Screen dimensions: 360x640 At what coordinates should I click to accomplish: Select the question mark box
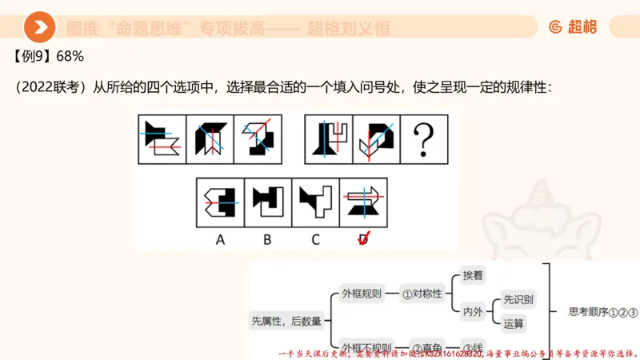pyautogui.click(x=423, y=138)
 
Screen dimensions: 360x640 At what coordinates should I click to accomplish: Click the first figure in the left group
pyautogui.click(x=162, y=138)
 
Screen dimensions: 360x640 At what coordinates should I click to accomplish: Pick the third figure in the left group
pyautogui.click(x=258, y=138)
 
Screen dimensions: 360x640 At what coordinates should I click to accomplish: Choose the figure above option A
pyautogui.click(x=221, y=201)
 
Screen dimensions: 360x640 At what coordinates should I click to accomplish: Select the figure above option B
pyautogui.click(x=268, y=201)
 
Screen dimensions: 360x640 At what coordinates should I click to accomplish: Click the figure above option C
pyautogui.click(x=316, y=201)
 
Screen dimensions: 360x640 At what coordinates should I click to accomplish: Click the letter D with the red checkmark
pyautogui.click(x=364, y=238)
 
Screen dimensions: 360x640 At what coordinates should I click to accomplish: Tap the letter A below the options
pyautogui.click(x=220, y=238)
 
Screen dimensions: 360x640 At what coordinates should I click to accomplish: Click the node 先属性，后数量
pyautogui.click(x=286, y=321)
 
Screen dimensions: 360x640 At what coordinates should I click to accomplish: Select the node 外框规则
pyautogui.click(x=362, y=293)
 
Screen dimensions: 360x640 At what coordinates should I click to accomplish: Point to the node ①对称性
pyautogui.click(x=422, y=293)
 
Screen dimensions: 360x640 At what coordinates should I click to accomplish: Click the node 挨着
pyautogui.click(x=473, y=275)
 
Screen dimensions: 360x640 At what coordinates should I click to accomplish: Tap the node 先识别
pyautogui.click(x=518, y=299)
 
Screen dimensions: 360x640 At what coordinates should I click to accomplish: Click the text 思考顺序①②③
pyautogui.click(x=602, y=312)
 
